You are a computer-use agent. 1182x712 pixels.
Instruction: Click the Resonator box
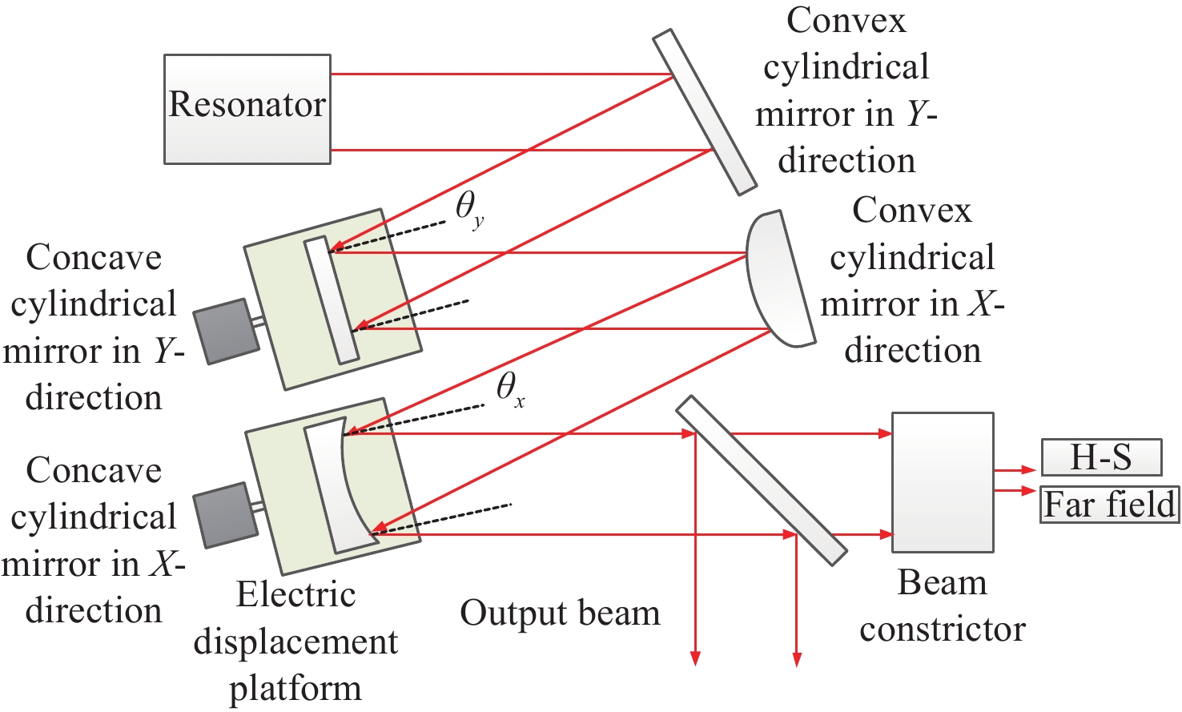[247, 109]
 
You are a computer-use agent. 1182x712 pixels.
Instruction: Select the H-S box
[1101, 457]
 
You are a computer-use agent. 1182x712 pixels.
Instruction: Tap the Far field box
[1109, 505]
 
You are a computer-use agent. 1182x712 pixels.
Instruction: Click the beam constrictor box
[943, 482]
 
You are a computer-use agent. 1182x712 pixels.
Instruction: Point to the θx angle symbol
[510, 389]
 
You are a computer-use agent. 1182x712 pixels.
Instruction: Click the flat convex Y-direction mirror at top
[704, 112]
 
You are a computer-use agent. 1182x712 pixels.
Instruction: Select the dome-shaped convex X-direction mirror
[777, 279]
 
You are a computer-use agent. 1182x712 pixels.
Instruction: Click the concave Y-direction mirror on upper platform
[331, 300]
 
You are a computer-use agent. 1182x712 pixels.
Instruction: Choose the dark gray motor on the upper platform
[228, 331]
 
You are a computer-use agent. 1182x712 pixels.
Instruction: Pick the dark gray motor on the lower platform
[225, 515]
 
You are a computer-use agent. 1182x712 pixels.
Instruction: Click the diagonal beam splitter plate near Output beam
[761, 480]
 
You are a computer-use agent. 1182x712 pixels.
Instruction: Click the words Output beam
[560, 613]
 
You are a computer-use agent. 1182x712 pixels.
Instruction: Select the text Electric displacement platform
[295, 642]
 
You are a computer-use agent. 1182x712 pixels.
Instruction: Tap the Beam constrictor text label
[943, 606]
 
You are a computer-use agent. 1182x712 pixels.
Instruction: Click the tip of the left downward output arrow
[695, 662]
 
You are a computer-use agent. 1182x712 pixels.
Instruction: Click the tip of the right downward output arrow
[797, 662]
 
